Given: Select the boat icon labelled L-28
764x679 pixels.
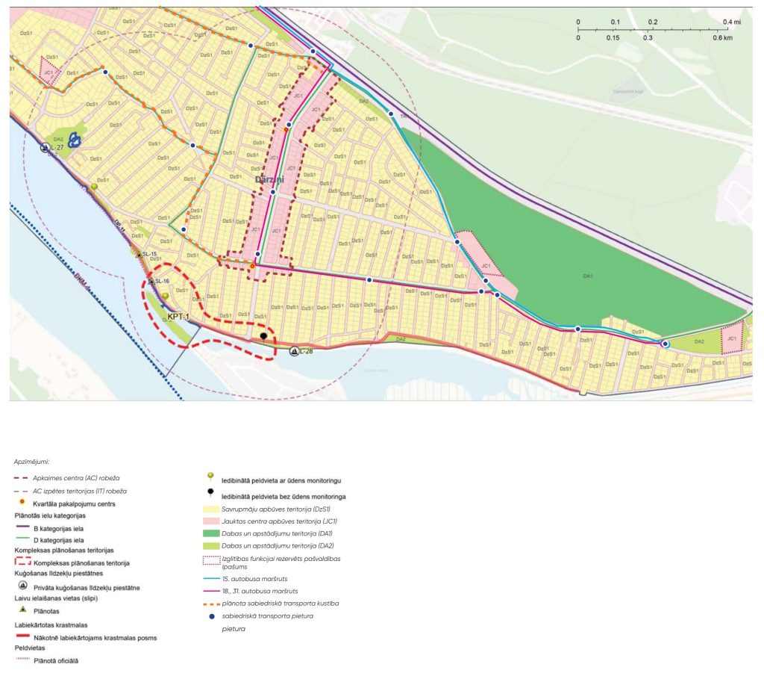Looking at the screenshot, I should [x=295, y=351].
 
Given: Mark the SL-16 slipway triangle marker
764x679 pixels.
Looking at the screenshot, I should [x=151, y=281].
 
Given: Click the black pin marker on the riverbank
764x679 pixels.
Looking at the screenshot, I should [x=263, y=338].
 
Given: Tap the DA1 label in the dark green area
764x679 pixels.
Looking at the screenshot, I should [x=588, y=276].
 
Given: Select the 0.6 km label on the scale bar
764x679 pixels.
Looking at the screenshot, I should [x=721, y=37].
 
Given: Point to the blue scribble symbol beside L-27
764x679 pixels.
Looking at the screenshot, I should [x=74, y=140].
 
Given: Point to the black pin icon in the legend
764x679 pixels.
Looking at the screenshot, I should [x=211, y=494].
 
